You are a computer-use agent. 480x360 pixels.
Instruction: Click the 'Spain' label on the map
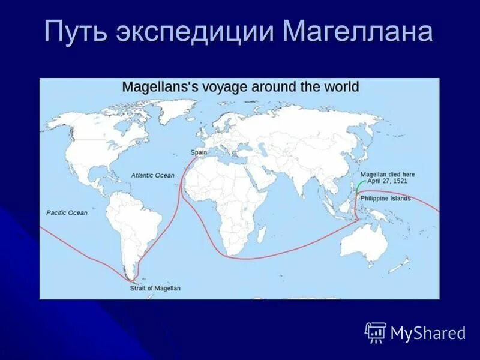pyautogui.click(x=199, y=152)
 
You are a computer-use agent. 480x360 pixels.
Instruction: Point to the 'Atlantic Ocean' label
pyautogui.click(x=153, y=175)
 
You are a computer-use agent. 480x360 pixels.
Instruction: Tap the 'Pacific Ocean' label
pyautogui.click(x=67, y=213)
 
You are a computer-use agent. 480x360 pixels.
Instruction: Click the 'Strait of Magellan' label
pyautogui.click(x=155, y=289)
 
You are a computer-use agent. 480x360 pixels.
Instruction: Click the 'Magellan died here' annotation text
pyautogui.click(x=387, y=175)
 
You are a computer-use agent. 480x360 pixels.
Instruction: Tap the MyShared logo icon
pyautogui.click(x=376, y=332)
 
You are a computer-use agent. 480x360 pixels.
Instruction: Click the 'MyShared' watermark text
pyautogui.click(x=428, y=334)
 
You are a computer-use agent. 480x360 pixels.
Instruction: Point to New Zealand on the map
pyautogui.click(x=402, y=264)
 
